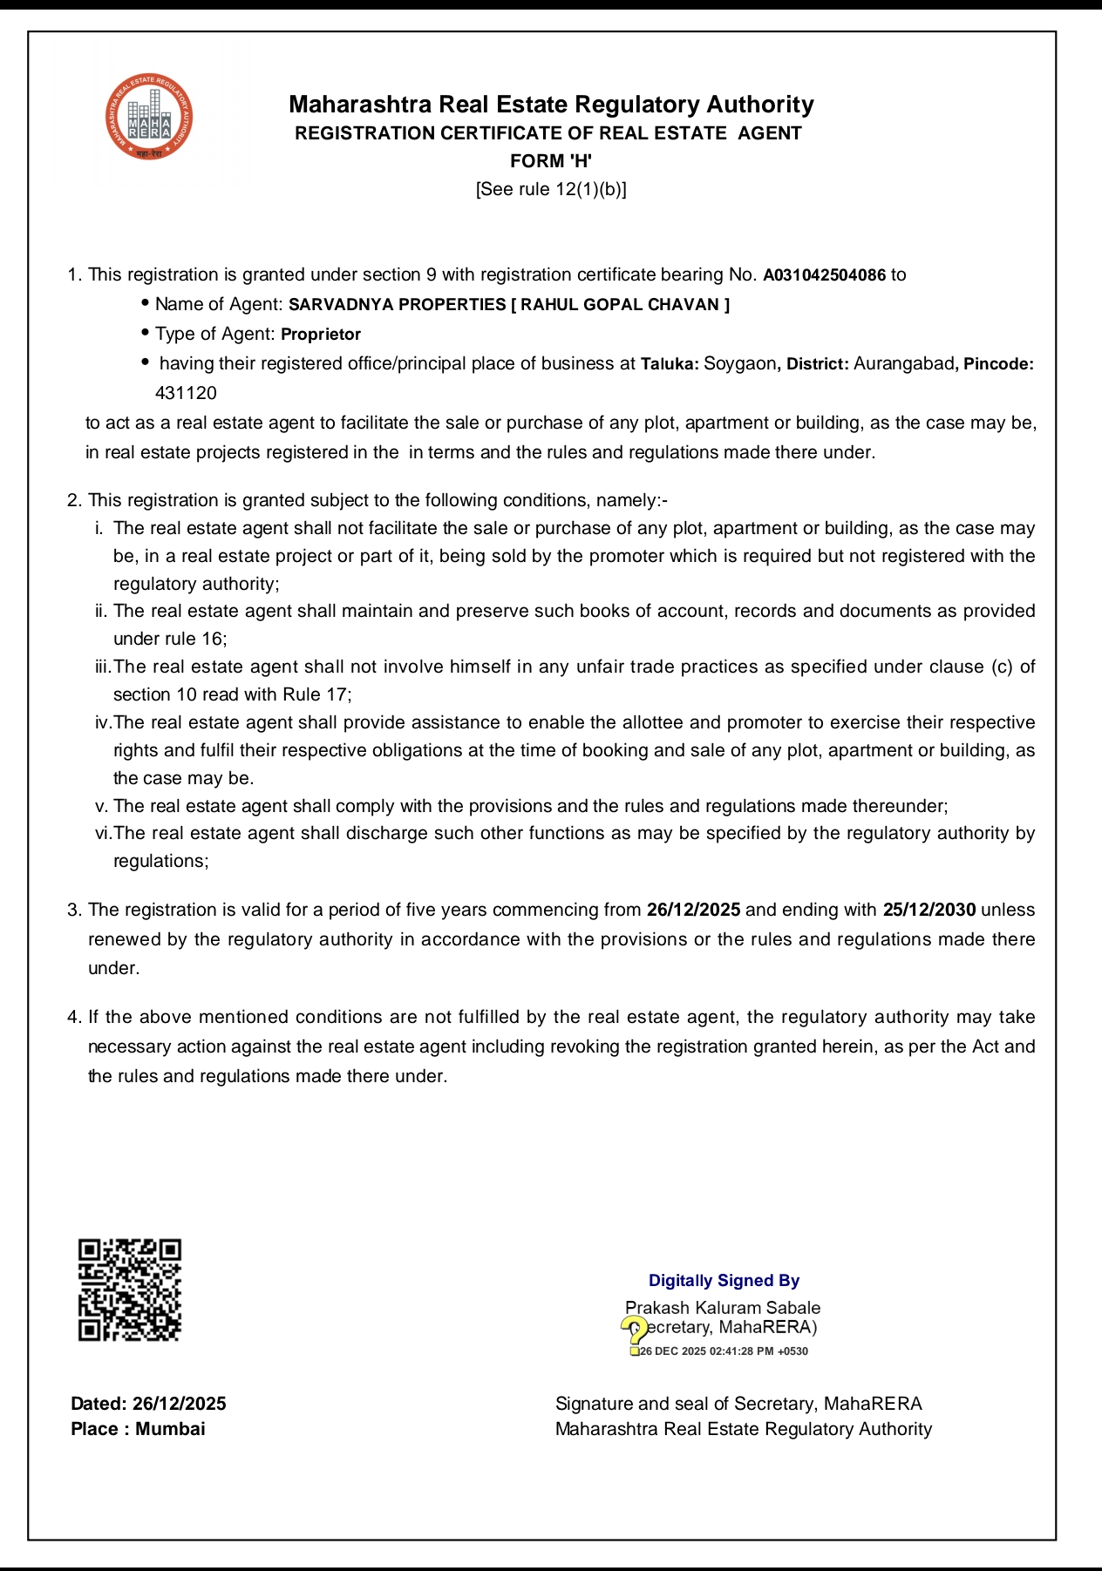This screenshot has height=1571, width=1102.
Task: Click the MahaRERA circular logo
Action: point(149,118)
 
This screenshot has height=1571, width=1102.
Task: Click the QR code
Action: point(130,1290)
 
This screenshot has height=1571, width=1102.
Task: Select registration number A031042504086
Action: point(824,275)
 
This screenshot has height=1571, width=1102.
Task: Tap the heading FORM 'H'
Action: point(551,161)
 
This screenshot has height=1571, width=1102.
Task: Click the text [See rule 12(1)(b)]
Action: point(551,189)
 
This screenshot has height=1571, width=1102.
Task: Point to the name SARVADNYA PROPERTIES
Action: point(397,305)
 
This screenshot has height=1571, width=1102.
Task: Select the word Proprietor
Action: point(321,335)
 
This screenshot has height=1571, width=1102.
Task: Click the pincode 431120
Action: point(186,393)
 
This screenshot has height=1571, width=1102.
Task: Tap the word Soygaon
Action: point(739,364)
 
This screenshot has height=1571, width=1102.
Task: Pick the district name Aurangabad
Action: point(903,364)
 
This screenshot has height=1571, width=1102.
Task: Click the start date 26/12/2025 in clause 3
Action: point(693,910)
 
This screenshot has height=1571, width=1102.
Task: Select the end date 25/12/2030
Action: point(929,910)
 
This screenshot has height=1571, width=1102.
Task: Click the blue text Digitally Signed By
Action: point(724,1281)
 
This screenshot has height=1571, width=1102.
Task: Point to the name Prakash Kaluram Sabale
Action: point(723,1308)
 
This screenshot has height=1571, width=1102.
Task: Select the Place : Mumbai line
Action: point(138,1429)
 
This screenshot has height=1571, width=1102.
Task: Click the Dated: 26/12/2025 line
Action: point(148,1404)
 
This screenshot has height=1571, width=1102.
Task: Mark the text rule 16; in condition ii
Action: point(195,639)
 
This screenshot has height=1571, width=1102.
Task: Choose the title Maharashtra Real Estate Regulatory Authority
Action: point(551,105)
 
